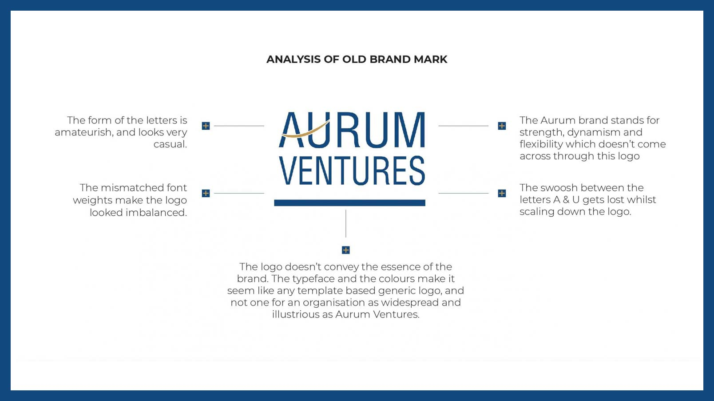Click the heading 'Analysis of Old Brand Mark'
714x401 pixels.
coord(357,60)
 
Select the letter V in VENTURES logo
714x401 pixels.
coord(286,171)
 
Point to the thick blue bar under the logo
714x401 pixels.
coord(349,203)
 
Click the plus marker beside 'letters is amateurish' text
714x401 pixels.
coord(206,126)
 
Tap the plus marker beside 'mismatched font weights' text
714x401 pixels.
coord(206,193)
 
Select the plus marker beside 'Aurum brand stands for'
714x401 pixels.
coord(502,126)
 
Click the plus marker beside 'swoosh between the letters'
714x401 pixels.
coord(502,193)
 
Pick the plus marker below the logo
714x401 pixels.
coord(346,250)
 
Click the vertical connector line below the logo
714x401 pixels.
coord(346,223)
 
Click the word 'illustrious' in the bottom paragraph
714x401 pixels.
coord(296,314)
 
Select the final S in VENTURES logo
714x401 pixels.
coord(417,171)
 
